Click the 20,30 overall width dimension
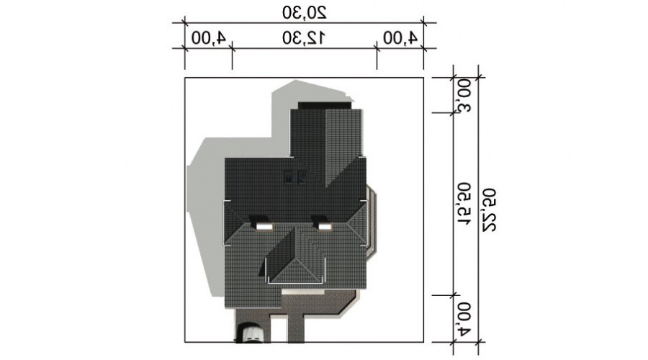point(305,12)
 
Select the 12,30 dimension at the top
point(304,38)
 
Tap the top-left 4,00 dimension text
point(209,38)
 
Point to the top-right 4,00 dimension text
point(400,38)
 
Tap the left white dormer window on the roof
point(264,225)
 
